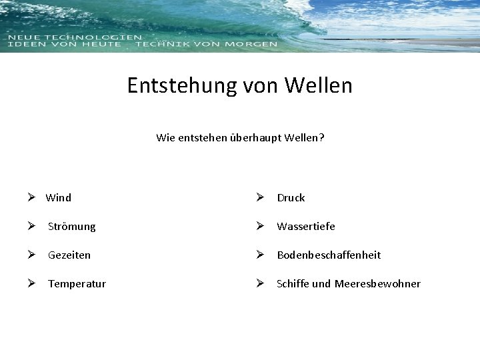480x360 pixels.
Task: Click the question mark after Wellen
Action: (321, 138)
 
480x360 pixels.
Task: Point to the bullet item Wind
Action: (59, 197)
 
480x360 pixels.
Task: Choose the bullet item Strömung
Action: (71, 227)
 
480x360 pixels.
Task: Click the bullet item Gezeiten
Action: (69, 255)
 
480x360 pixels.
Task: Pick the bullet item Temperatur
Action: (77, 284)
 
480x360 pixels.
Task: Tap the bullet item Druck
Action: (291, 197)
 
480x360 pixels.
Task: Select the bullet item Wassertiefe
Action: (306, 227)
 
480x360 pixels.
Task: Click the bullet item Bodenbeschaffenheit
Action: (329, 255)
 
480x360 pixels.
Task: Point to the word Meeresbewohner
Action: (377, 284)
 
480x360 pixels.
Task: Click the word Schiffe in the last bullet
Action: (293, 284)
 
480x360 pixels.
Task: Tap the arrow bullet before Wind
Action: (31, 197)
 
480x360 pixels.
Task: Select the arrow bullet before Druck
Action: (263, 197)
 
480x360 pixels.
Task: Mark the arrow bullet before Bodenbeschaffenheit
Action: (263, 255)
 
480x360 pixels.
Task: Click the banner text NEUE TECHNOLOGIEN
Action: (75, 37)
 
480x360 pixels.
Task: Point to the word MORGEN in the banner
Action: (253, 44)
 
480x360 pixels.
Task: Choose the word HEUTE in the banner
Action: (99, 44)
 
